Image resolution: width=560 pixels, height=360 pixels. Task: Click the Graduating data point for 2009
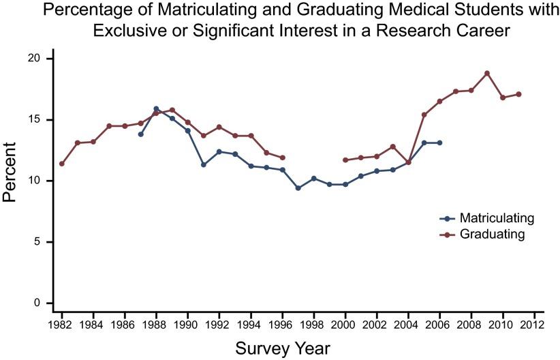487,73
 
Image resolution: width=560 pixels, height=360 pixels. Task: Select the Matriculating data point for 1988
156,108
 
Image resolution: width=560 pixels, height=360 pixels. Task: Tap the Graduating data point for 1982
62,164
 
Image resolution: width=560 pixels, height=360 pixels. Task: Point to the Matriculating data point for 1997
298,188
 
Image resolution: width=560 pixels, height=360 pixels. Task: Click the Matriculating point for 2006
439,142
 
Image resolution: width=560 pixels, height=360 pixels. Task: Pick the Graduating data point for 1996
282,157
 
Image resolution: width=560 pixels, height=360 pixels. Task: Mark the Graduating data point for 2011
518,94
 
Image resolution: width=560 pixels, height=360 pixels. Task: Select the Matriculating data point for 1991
204,165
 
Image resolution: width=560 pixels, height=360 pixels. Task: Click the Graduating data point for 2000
345,160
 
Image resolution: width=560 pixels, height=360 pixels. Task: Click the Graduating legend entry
492,234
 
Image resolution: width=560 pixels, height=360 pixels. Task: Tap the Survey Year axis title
283,348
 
